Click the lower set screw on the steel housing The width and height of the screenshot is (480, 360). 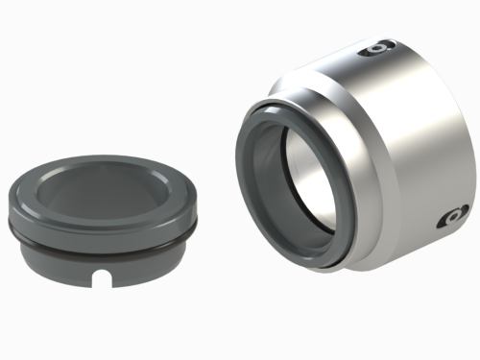click(448, 220)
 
